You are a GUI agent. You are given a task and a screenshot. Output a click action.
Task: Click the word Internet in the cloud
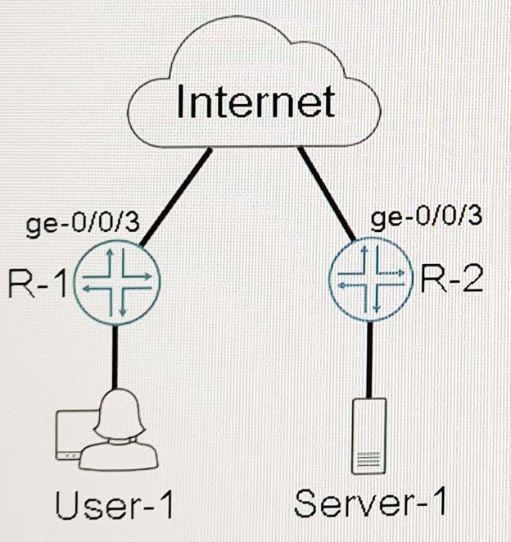[255, 101]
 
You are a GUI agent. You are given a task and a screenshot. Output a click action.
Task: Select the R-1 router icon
[117, 283]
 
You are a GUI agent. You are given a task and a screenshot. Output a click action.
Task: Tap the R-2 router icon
[371, 279]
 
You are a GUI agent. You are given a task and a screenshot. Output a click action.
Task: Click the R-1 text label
[38, 284]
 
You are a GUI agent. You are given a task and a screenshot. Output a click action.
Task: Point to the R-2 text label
[451, 280]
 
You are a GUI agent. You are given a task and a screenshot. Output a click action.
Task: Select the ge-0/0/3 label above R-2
[426, 217]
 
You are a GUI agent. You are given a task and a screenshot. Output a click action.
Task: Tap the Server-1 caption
[370, 502]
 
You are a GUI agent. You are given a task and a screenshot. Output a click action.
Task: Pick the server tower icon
[369, 436]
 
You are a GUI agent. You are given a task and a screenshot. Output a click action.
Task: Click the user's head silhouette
[120, 414]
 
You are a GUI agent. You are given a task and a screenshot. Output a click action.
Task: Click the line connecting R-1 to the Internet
[175, 197]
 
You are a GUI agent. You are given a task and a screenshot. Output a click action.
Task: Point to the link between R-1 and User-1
[115, 358]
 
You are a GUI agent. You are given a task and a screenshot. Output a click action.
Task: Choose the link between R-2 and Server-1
[369, 359]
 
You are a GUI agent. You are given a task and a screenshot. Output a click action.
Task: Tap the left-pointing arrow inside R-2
[351, 285]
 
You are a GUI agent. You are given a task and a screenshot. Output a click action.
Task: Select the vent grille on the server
[369, 458]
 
